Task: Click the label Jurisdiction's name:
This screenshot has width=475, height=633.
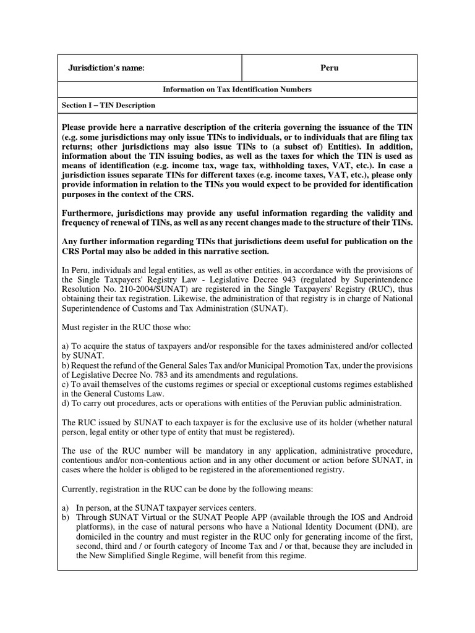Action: pos(106,68)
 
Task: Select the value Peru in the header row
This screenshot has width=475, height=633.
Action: pos(329,68)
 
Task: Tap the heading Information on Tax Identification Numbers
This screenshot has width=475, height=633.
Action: pos(237,90)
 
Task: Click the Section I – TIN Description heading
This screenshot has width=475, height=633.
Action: pos(108,106)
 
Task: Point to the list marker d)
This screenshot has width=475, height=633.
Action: pos(66,403)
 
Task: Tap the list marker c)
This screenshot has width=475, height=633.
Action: pos(66,384)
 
